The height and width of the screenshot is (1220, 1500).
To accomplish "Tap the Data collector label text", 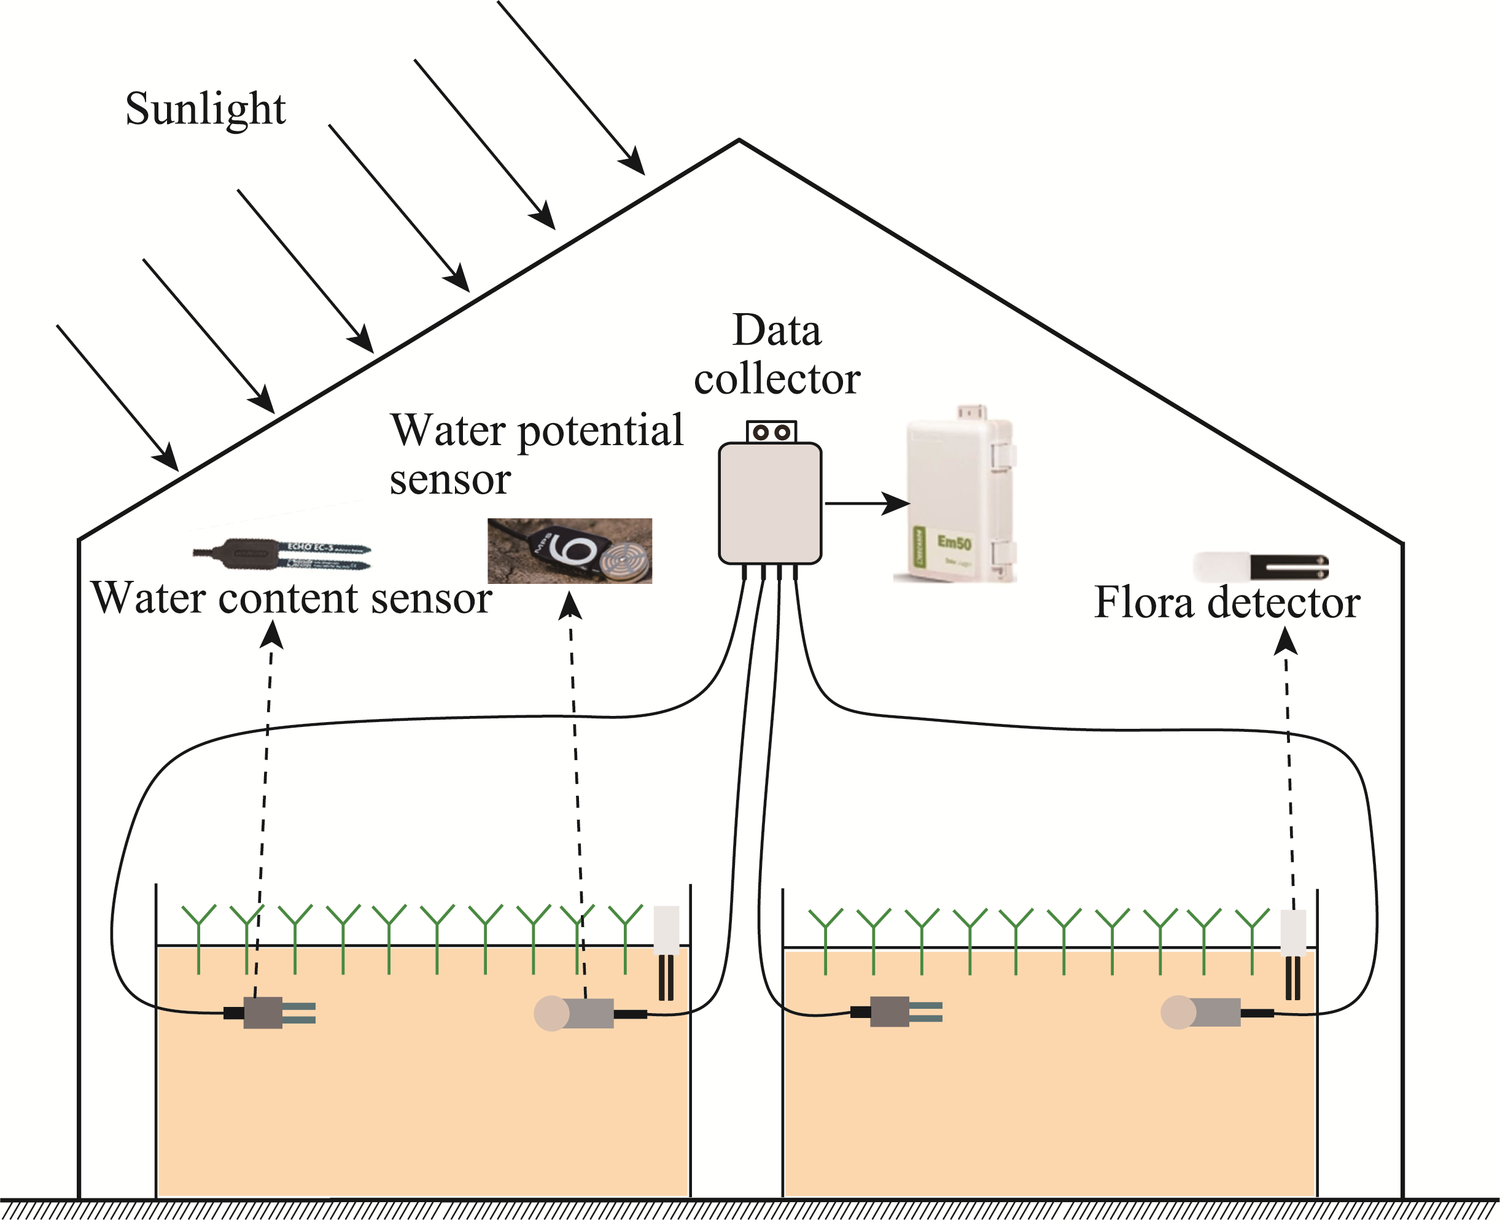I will [777, 355].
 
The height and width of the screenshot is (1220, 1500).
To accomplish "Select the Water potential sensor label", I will [535, 453].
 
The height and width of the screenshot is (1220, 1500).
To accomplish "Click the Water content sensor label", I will [292, 599].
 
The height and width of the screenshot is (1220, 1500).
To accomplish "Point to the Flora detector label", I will [1227, 603].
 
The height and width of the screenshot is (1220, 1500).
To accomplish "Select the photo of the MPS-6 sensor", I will [570, 551].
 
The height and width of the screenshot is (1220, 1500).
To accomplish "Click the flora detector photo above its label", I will [1261, 567].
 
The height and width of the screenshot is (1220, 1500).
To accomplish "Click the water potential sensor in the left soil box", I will [575, 1013].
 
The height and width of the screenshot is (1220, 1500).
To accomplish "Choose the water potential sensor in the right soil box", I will [1201, 1012].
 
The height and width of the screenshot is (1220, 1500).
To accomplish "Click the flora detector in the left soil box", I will [666, 952].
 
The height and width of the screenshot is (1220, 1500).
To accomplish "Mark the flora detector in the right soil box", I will [1292, 954].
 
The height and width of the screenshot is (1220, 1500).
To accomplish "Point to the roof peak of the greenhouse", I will [739, 141].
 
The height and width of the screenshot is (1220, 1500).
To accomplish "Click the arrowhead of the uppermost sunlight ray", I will [635, 163].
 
